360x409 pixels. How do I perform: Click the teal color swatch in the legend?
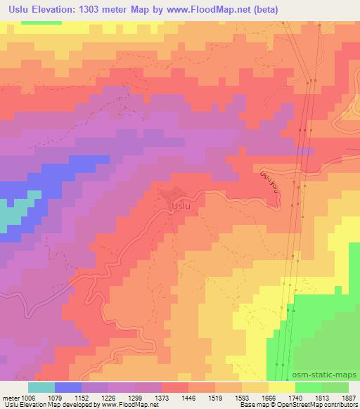[41, 387]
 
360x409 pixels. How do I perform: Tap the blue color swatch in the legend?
[68, 387]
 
